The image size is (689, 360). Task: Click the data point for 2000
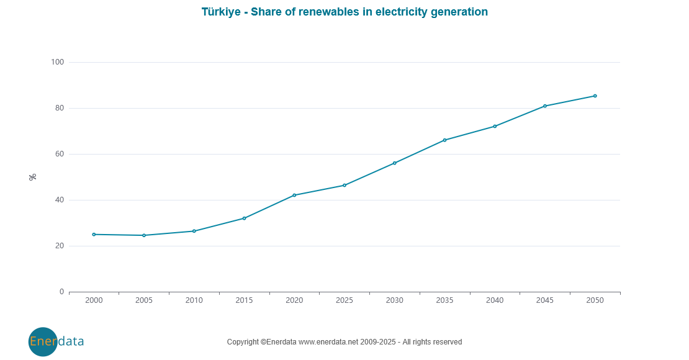click(x=94, y=235)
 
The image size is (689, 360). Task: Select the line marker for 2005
click(x=144, y=235)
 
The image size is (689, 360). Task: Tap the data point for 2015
click(x=244, y=218)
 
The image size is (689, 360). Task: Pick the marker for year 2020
click(x=294, y=195)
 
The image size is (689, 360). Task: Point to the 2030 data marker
click(x=395, y=163)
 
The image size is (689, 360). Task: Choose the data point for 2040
click(x=495, y=127)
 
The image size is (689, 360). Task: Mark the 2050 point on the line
click(x=595, y=96)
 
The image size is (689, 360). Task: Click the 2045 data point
click(x=545, y=106)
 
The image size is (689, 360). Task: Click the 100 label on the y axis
click(x=58, y=62)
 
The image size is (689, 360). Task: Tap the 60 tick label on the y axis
click(x=60, y=154)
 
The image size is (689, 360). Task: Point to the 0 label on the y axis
click(x=61, y=292)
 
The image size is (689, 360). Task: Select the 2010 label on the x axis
click(x=194, y=300)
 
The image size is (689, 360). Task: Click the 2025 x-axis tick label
click(x=344, y=300)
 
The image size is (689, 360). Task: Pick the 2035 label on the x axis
click(x=444, y=300)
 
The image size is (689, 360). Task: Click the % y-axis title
click(x=33, y=177)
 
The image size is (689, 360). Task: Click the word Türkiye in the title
click(x=221, y=12)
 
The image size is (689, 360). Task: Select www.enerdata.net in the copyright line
click(x=328, y=342)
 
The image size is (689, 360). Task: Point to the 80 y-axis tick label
click(x=60, y=108)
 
